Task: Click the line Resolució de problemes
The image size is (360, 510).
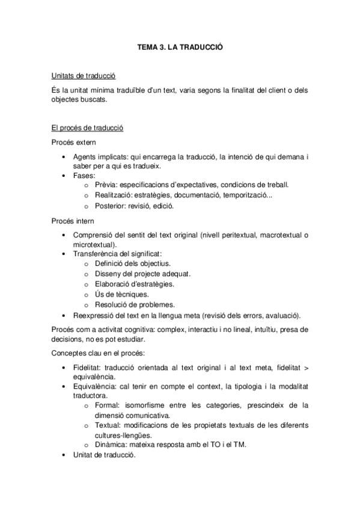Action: (x=135, y=304)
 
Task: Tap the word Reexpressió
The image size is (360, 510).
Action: (x=95, y=315)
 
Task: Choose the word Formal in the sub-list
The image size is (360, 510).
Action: (x=106, y=405)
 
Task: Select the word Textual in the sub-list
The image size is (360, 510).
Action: (x=107, y=425)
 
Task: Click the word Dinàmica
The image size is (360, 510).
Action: (x=110, y=444)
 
